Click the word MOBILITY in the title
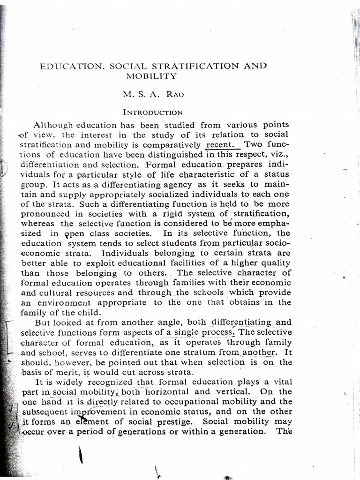click(151, 76)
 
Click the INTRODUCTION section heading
click(153, 112)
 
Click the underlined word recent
click(223, 145)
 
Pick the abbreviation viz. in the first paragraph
click(280, 155)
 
